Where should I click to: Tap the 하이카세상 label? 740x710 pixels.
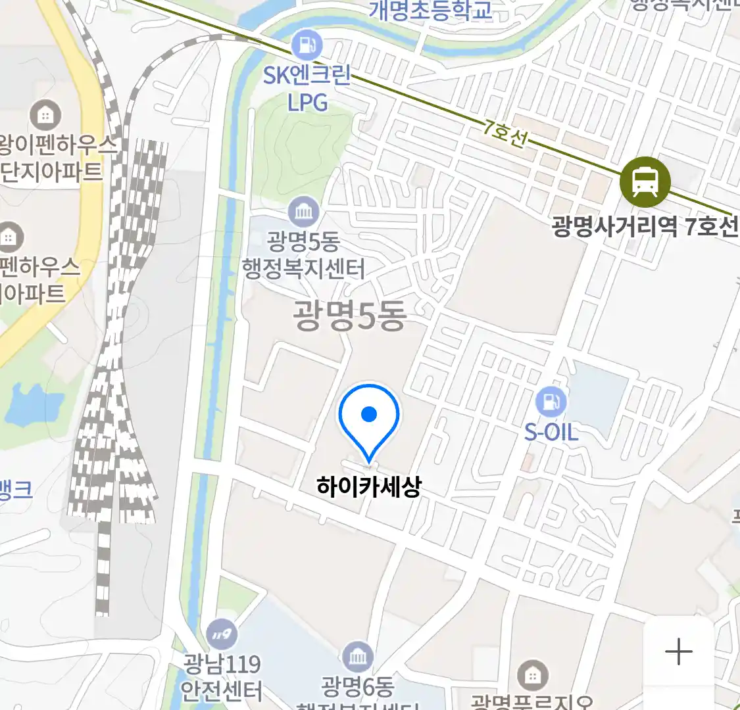pyautogui.click(x=368, y=487)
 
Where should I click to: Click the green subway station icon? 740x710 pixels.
pyautogui.click(x=645, y=182)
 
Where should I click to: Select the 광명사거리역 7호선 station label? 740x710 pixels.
pyautogui.click(x=645, y=227)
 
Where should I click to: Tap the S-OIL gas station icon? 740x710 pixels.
pyautogui.click(x=551, y=401)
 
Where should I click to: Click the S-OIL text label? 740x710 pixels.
pyautogui.click(x=551, y=433)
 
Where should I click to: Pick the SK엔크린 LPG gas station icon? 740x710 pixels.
pyautogui.click(x=307, y=45)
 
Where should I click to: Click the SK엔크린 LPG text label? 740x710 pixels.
pyautogui.click(x=307, y=89)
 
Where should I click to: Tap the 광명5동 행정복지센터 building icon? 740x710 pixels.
pyautogui.click(x=304, y=212)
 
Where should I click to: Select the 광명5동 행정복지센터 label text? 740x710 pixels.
pyautogui.click(x=303, y=256)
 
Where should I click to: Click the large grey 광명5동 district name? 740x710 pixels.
pyautogui.click(x=350, y=317)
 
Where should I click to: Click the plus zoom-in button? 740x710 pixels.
pyautogui.click(x=678, y=652)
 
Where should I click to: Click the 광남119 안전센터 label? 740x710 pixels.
pyautogui.click(x=222, y=677)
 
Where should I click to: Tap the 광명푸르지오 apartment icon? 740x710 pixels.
pyautogui.click(x=532, y=675)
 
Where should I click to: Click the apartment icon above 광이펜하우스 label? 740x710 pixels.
pyautogui.click(x=45, y=116)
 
